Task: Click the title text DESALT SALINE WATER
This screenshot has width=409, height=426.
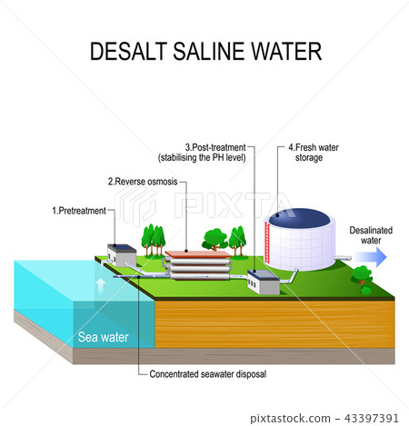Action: (204, 51)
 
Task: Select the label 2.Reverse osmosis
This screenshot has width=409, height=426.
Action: (143, 182)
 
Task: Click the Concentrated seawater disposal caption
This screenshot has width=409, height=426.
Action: (207, 372)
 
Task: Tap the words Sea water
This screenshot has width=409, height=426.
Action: (103, 338)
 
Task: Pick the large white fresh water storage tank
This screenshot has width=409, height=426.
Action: (300, 243)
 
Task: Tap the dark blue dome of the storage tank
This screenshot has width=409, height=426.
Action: (298, 218)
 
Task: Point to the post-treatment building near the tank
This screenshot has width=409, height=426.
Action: (264, 282)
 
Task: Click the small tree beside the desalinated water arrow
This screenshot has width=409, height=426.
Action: (363, 276)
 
